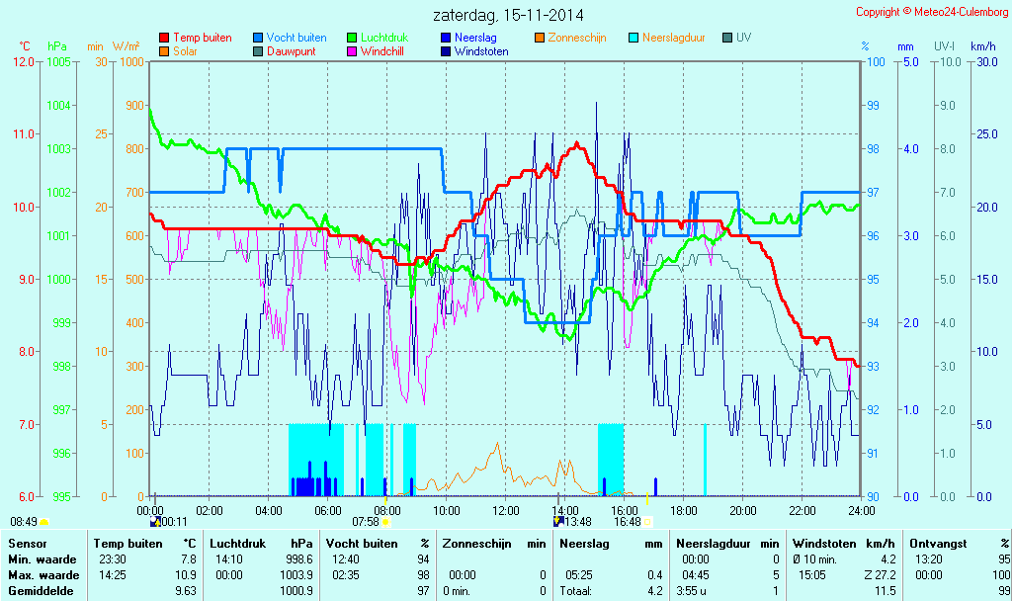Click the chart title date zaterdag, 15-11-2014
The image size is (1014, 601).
507,15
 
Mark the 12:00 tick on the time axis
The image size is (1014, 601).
506,510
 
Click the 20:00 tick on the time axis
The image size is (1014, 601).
743,510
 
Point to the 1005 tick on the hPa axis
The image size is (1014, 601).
58,62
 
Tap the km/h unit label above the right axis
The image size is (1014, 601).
982,46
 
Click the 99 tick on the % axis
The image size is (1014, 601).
873,106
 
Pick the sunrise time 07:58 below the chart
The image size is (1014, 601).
366,522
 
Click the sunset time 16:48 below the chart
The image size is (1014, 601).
628,522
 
